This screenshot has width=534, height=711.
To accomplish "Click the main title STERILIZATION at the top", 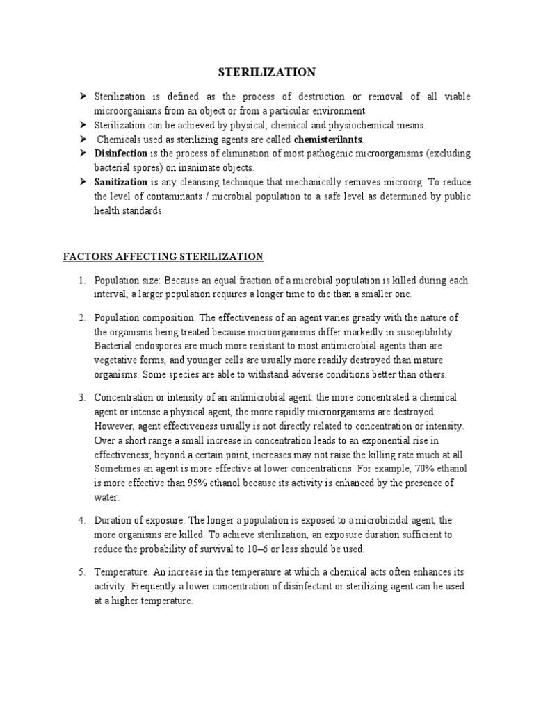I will (x=268, y=72).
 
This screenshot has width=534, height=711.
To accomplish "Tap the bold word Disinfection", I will (x=121, y=153).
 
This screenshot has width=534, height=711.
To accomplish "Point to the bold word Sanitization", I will (x=122, y=182).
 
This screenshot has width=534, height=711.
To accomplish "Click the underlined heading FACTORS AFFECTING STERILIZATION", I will (x=163, y=256).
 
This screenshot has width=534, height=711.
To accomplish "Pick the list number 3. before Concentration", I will (x=81, y=396).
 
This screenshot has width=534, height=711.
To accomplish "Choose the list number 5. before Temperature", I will (x=81, y=571).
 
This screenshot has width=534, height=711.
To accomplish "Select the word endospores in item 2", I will (x=161, y=345).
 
